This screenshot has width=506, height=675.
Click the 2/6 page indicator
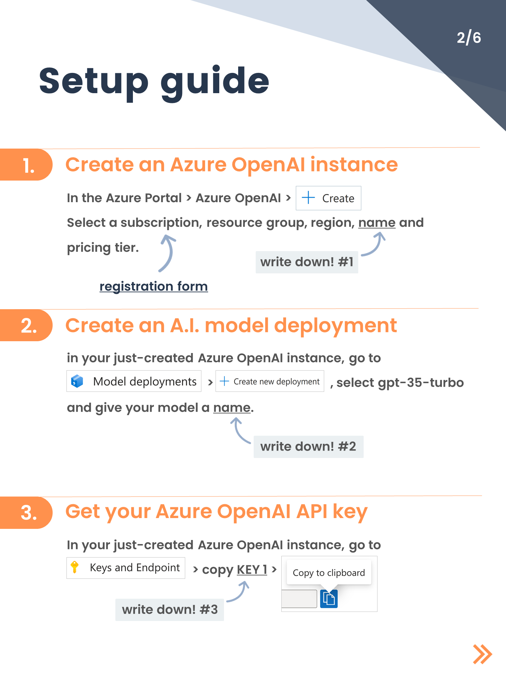coord(469,37)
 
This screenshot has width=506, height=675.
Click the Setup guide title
coord(154,81)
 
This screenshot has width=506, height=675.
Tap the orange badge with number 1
coord(27,165)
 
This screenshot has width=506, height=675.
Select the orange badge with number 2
coord(27,326)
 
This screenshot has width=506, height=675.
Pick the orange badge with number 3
coord(27,512)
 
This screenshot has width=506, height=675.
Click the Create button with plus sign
coord(328,198)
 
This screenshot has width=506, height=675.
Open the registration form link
coord(153,286)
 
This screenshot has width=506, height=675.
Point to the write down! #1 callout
coord(307,262)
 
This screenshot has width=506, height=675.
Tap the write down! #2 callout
coord(308,447)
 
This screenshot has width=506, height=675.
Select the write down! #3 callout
coord(170,610)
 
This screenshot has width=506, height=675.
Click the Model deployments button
coord(134,381)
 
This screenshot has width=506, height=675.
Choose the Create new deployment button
coord(270,381)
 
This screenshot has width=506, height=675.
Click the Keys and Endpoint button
coord(126,568)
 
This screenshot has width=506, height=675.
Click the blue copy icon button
coord(329,599)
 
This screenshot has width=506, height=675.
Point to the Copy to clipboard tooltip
coord(329,573)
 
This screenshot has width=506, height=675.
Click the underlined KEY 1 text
coord(252,570)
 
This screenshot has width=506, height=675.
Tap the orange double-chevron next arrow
coord(482,654)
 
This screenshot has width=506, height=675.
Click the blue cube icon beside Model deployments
coord(77,381)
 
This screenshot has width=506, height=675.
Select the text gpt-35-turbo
coord(421,383)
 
